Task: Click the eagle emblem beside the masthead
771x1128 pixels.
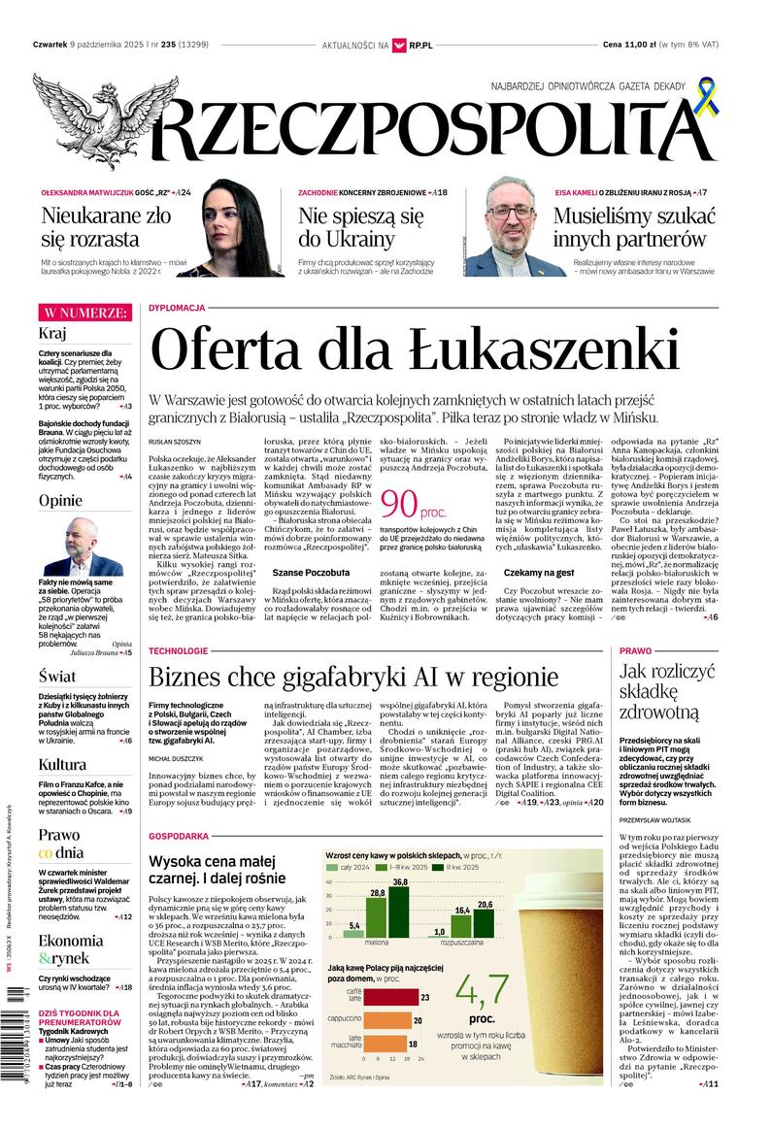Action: (93, 117)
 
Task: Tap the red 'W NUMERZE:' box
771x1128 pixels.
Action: (84, 312)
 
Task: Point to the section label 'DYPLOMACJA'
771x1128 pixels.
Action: (177, 308)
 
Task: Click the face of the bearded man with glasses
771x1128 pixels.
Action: (505, 216)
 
